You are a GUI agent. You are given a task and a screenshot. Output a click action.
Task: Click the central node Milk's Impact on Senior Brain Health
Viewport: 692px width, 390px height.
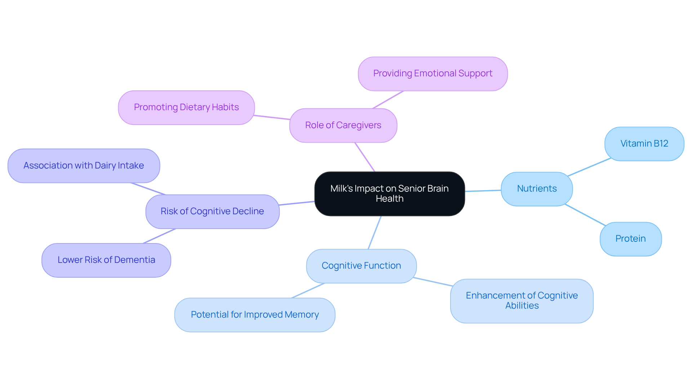point(389,194)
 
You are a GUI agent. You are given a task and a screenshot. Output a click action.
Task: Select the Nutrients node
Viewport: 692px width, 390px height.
point(537,189)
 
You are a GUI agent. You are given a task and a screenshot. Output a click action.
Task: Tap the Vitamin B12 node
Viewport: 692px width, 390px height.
point(644,144)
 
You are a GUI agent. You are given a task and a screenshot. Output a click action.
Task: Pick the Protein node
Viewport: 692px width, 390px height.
point(630,239)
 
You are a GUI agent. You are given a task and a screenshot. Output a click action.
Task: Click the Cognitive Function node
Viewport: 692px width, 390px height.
point(361,266)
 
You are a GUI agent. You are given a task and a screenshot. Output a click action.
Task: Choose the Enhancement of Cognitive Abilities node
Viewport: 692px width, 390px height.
point(522,301)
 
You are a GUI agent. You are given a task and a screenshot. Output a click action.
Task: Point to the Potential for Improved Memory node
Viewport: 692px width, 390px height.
point(254,315)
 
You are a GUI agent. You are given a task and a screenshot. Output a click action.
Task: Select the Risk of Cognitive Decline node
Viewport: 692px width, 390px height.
point(212,211)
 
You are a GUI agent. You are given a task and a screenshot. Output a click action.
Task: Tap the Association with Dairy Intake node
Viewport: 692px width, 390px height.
point(84,166)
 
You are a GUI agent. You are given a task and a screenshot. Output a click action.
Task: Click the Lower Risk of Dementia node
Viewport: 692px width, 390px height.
point(106,260)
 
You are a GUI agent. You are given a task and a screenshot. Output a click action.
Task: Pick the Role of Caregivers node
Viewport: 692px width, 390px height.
point(343,125)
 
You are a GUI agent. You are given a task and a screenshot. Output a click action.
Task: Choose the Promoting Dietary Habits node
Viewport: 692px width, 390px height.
point(186,107)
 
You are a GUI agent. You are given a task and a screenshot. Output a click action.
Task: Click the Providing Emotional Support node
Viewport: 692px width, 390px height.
point(432,73)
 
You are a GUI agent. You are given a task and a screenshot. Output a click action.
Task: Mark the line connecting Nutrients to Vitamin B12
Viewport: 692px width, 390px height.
point(589,167)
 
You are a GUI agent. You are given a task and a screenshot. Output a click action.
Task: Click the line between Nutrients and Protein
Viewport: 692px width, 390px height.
point(585,215)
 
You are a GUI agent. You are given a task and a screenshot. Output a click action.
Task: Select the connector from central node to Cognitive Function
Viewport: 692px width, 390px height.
point(374,233)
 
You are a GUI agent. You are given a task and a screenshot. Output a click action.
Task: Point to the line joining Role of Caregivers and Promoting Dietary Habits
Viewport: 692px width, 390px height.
point(272,117)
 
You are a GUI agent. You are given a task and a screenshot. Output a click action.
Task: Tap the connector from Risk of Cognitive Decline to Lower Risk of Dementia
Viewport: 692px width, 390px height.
point(159,236)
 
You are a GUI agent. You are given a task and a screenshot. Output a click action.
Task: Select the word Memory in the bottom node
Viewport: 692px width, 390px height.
point(302,315)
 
